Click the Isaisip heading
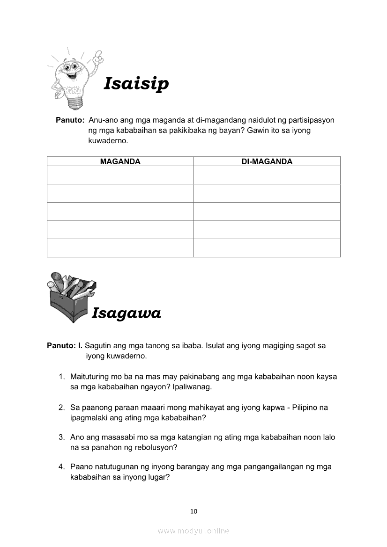136,84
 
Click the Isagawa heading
127,313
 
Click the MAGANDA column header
120,161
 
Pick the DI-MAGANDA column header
267,161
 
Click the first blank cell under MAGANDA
120,175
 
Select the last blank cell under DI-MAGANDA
267,248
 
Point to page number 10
193,511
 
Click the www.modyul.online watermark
193,531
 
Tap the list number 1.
61,377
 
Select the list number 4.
61,467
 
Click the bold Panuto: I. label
65,346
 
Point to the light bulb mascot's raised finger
98,55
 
